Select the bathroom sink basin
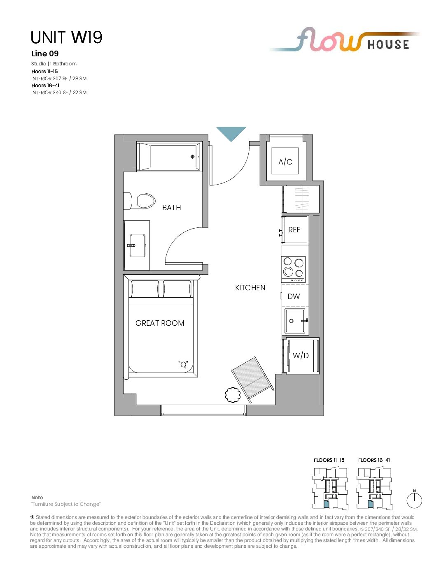[138, 245]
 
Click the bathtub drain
[192, 157]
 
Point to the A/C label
[285, 162]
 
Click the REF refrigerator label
[294, 230]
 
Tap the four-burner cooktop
[293, 269]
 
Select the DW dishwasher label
[294, 296]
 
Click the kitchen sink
[294, 321]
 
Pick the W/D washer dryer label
[301, 355]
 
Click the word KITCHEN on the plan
[250, 288]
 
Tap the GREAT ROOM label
[160, 323]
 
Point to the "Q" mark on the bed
[183, 364]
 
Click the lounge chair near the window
[252, 380]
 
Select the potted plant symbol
[233, 395]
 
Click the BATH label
[172, 208]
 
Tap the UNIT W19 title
[66, 37]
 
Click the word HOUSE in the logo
[388, 44]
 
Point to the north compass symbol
[414, 500]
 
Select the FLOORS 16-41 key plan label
[374, 460]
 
